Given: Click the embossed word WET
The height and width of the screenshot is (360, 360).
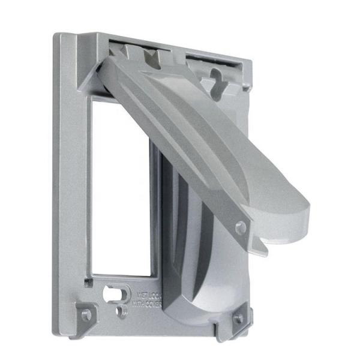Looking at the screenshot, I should tap(144, 295).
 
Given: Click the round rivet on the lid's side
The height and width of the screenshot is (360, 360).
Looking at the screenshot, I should tap(241, 227).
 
